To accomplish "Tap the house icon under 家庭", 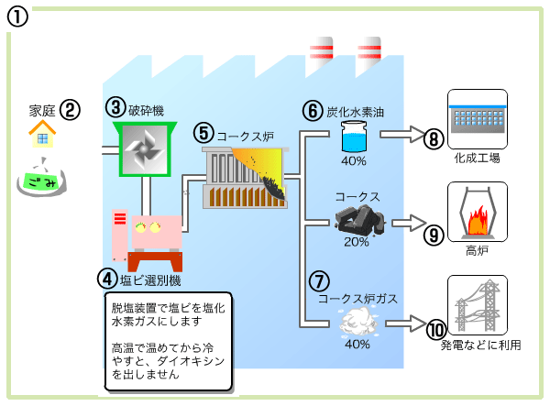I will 40,137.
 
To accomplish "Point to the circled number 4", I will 108,277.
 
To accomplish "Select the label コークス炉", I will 246,134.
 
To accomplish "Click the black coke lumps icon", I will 358,218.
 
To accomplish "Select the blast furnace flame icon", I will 476,218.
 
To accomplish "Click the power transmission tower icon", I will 476,304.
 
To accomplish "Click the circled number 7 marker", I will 318,280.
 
